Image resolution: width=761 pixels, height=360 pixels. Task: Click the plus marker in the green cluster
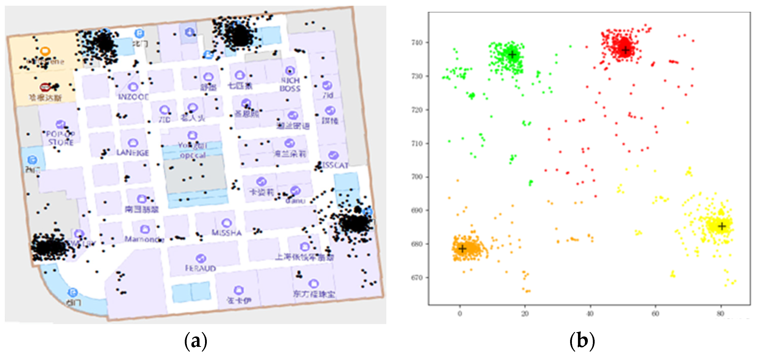click(512, 55)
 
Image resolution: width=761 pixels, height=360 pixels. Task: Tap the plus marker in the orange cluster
click(462, 249)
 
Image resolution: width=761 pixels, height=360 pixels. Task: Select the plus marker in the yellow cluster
click(722, 226)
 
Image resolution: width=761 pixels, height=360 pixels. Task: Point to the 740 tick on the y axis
click(417, 43)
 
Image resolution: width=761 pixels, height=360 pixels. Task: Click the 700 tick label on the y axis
click(417, 177)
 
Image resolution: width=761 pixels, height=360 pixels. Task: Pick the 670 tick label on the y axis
click(417, 278)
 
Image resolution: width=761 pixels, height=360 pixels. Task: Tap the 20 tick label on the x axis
click(525, 314)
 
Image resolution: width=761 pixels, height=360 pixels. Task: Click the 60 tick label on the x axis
click(655, 314)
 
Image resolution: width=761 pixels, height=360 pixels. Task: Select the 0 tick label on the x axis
click(460, 314)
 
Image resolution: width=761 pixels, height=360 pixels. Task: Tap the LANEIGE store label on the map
click(133, 153)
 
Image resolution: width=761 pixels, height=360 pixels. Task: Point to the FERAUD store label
click(200, 268)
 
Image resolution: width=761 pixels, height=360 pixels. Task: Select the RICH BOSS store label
click(290, 84)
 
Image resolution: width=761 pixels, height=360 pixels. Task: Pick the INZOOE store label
click(133, 97)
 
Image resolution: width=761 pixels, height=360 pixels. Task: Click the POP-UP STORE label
click(61, 138)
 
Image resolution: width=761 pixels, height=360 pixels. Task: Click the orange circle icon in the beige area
click(45, 51)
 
